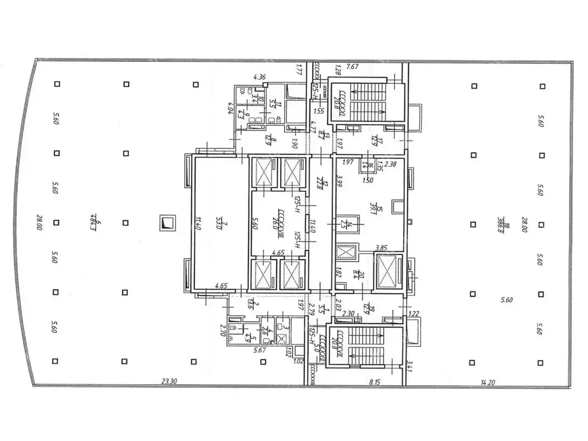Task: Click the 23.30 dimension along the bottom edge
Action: point(170,381)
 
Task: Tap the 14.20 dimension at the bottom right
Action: point(487,381)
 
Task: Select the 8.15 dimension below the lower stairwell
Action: point(375,381)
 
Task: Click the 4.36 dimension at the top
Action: point(259,77)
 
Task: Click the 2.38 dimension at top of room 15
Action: point(390,163)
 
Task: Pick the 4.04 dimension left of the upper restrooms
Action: point(229,108)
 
